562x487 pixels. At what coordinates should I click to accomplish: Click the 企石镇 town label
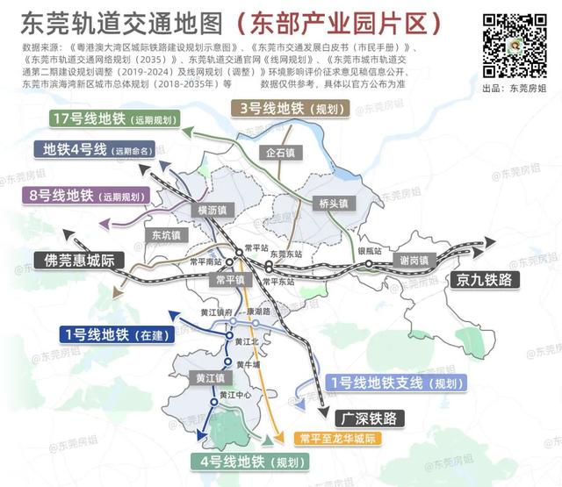pyautogui.click(x=281, y=152)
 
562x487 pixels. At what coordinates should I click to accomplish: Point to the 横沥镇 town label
pyautogui.click(x=212, y=210)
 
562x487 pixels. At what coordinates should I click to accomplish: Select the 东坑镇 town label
pyautogui.click(x=164, y=235)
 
